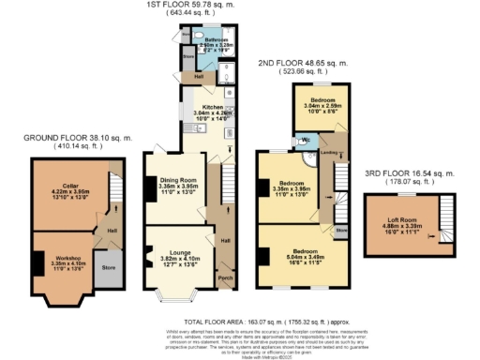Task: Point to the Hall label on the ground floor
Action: (x=112, y=230)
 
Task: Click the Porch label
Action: (x=224, y=277)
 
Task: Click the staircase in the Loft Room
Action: (x=444, y=220)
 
